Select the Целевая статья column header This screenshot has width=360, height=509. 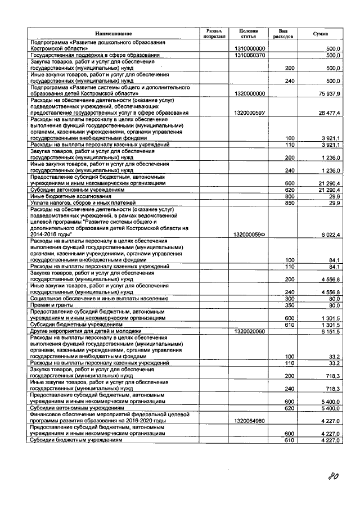(248, 33)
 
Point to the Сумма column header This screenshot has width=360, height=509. (321, 34)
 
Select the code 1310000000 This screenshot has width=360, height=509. (248, 49)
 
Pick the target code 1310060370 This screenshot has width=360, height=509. (248, 55)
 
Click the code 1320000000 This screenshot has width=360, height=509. (248, 93)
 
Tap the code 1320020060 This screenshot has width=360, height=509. (248, 332)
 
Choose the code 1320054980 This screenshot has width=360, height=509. (248, 421)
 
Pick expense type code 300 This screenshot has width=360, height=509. (290, 299)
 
